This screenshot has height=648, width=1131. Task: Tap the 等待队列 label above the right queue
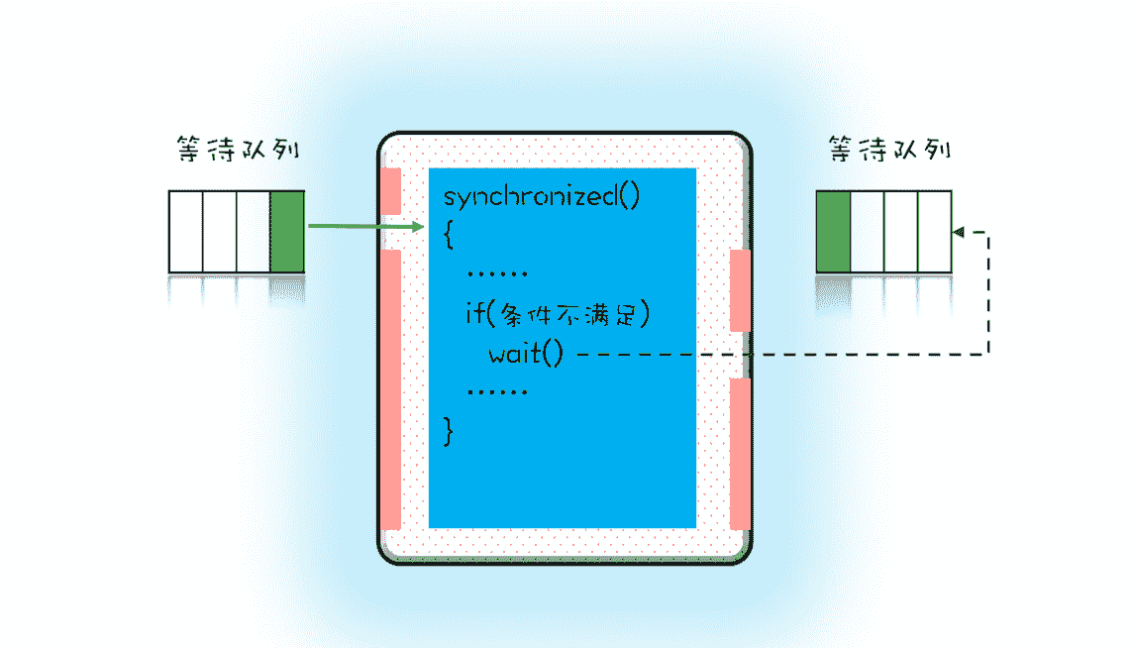coord(888,151)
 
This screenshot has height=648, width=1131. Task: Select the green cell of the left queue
coord(286,231)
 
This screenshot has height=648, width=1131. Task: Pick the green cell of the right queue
coord(833,231)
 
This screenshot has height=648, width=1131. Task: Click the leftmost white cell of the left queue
coord(185,231)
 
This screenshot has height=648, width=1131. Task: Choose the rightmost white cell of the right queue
coord(935,231)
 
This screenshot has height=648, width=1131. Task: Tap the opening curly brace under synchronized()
coord(449,234)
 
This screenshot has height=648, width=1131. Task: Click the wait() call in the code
coord(525,353)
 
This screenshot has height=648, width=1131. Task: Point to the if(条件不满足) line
coord(557,315)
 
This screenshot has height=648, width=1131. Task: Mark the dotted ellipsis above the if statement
coord(496,274)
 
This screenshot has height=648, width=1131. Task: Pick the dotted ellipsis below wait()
coord(496,391)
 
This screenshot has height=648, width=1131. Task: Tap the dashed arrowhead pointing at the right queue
coord(958,232)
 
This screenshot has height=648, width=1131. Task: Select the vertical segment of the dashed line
coord(987,292)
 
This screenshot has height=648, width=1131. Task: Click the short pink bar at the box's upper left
coord(391,191)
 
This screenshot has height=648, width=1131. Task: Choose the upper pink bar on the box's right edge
coord(739,290)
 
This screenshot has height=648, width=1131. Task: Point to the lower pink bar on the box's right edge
coord(739,453)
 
